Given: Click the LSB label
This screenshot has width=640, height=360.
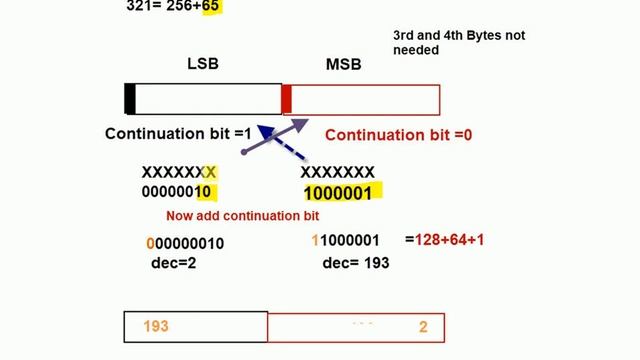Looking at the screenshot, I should [x=203, y=64].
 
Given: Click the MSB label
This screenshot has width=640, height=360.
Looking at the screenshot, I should [x=344, y=65].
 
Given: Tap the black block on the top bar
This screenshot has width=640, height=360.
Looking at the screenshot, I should [x=130, y=99].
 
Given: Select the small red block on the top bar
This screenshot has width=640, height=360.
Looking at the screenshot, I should [x=286, y=99].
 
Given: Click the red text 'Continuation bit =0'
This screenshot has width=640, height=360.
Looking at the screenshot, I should [x=398, y=135].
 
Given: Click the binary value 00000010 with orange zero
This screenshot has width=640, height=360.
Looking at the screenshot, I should [x=185, y=243].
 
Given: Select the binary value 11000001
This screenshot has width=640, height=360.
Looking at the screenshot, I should [x=346, y=241].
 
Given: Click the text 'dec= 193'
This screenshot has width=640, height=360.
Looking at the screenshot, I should [x=356, y=262].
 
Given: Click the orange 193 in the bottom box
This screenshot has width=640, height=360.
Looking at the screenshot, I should [x=156, y=326].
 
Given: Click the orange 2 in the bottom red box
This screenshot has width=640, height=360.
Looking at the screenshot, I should [x=423, y=327].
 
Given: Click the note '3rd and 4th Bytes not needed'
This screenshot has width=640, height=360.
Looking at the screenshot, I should [x=458, y=42].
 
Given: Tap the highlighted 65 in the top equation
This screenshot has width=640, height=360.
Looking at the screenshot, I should [x=210, y=6].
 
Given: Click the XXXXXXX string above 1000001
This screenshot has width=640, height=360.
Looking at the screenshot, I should [x=338, y=172].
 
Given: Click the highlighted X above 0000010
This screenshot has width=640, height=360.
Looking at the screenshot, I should [x=210, y=172].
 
